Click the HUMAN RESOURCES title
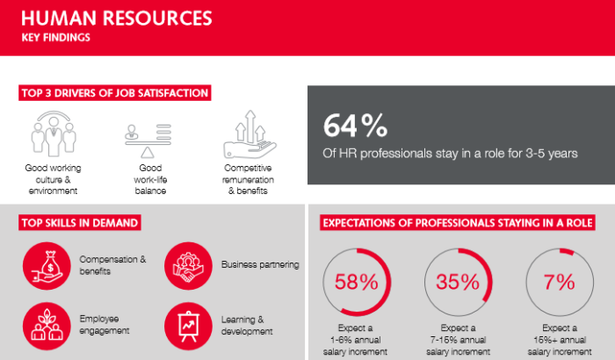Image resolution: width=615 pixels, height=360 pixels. tap(117, 18)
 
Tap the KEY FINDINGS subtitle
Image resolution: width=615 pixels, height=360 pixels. tap(55, 38)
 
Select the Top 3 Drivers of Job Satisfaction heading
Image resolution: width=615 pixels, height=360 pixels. tap(114, 93)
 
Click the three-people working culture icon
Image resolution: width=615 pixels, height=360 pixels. tap(54, 133)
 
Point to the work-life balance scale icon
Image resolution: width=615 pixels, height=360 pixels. tap(148, 140)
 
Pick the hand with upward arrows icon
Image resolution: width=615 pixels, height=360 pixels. tap(250, 133)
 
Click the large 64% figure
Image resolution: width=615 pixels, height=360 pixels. tap(355, 126)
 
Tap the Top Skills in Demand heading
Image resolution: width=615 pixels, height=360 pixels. tap(80, 223)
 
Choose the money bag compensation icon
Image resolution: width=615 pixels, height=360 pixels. tap(47, 266)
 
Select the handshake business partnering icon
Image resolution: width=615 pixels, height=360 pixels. tap(188, 266)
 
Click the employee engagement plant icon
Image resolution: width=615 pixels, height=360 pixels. tap(47, 326)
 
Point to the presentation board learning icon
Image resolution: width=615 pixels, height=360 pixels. tap(188, 326)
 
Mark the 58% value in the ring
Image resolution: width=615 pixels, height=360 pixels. tap(356, 282)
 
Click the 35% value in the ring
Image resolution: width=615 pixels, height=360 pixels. tap(458, 282)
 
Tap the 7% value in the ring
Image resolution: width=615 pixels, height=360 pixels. tap(560, 282)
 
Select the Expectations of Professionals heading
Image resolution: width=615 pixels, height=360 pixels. tap(458, 223)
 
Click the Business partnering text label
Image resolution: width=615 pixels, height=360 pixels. tap(260, 264)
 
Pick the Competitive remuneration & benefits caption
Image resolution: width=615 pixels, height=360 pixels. tap(248, 180)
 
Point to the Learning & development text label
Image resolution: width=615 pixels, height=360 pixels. tap(247, 326)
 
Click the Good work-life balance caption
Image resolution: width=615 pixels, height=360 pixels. tap(150, 180)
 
